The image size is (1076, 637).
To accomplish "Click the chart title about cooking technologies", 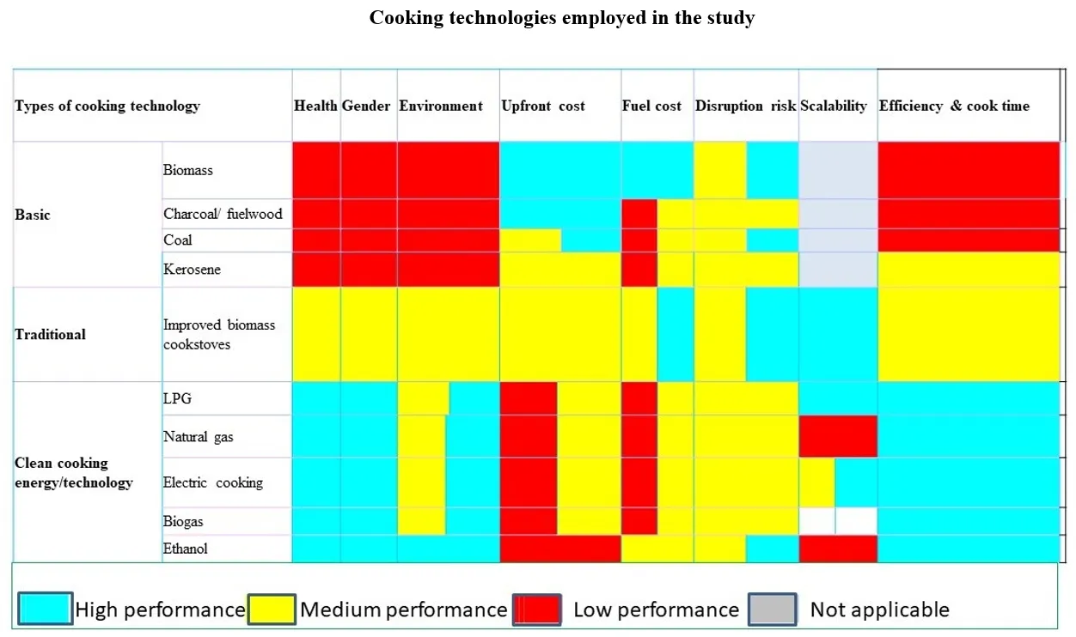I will (x=562, y=18).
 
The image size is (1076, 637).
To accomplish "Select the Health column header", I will (x=315, y=106).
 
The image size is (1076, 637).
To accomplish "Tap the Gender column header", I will (x=368, y=106).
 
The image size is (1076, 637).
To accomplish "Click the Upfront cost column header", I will (x=542, y=106).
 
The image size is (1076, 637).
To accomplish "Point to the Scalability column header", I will (x=834, y=106).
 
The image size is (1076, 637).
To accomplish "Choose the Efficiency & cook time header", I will (x=954, y=106).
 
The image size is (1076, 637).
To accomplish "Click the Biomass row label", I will (x=188, y=170).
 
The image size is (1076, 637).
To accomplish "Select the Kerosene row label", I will (x=192, y=270).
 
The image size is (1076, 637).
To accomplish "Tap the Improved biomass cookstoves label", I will (x=219, y=335).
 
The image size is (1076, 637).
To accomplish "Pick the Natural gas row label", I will (x=199, y=437).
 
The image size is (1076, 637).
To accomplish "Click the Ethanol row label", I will (x=186, y=549).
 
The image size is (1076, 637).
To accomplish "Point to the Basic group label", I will (x=33, y=215).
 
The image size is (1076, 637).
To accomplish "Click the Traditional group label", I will (x=50, y=335).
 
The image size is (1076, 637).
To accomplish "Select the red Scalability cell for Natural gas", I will (x=838, y=437).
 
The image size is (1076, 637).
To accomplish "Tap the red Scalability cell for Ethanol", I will (x=838, y=549).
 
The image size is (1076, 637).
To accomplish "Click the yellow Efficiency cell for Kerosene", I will (x=969, y=270).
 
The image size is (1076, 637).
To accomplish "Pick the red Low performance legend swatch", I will (x=536, y=610).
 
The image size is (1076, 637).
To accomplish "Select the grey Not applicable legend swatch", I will (x=772, y=610).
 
